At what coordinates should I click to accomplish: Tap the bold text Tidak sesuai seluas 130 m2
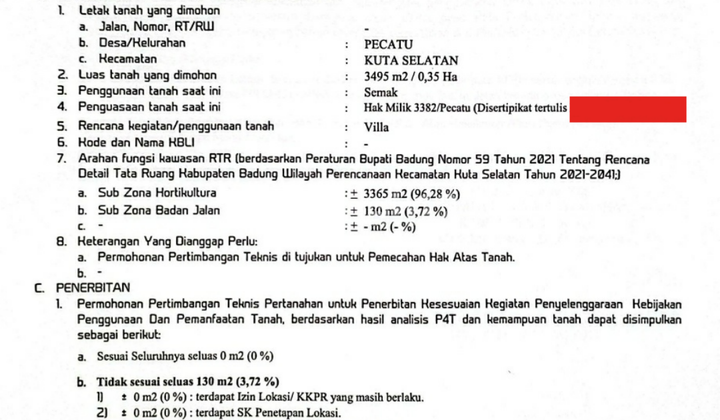click(173, 382)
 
